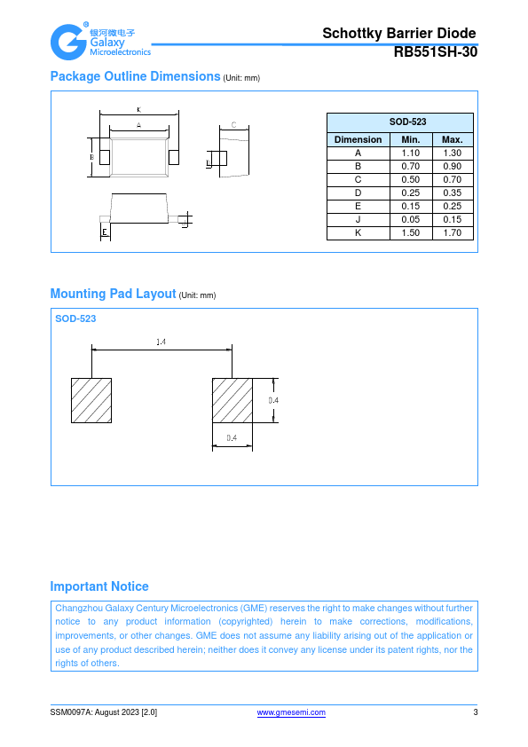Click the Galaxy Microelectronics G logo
tap(68, 43)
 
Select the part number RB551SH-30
tap(436, 52)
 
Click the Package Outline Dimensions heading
tap(136, 76)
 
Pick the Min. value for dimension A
tap(411, 153)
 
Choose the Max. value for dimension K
tap(453, 233)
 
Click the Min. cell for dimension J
tap(411, 220)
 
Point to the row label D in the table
tap(358, 193)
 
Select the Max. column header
tap(453, 139)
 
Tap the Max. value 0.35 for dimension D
tap(453, 193)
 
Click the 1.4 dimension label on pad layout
tap(162, 342)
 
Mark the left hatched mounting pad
tap(91, 401)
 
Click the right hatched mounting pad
tap(232, 401)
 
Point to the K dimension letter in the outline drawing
tap(139, 110)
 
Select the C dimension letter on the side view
tap(234, 125)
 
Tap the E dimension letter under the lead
tap(105, 232)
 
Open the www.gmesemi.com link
tap(291, 712)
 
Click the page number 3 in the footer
tap(475, 712)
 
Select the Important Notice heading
tap(99, 586)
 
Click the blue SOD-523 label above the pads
tap(75, 318)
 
